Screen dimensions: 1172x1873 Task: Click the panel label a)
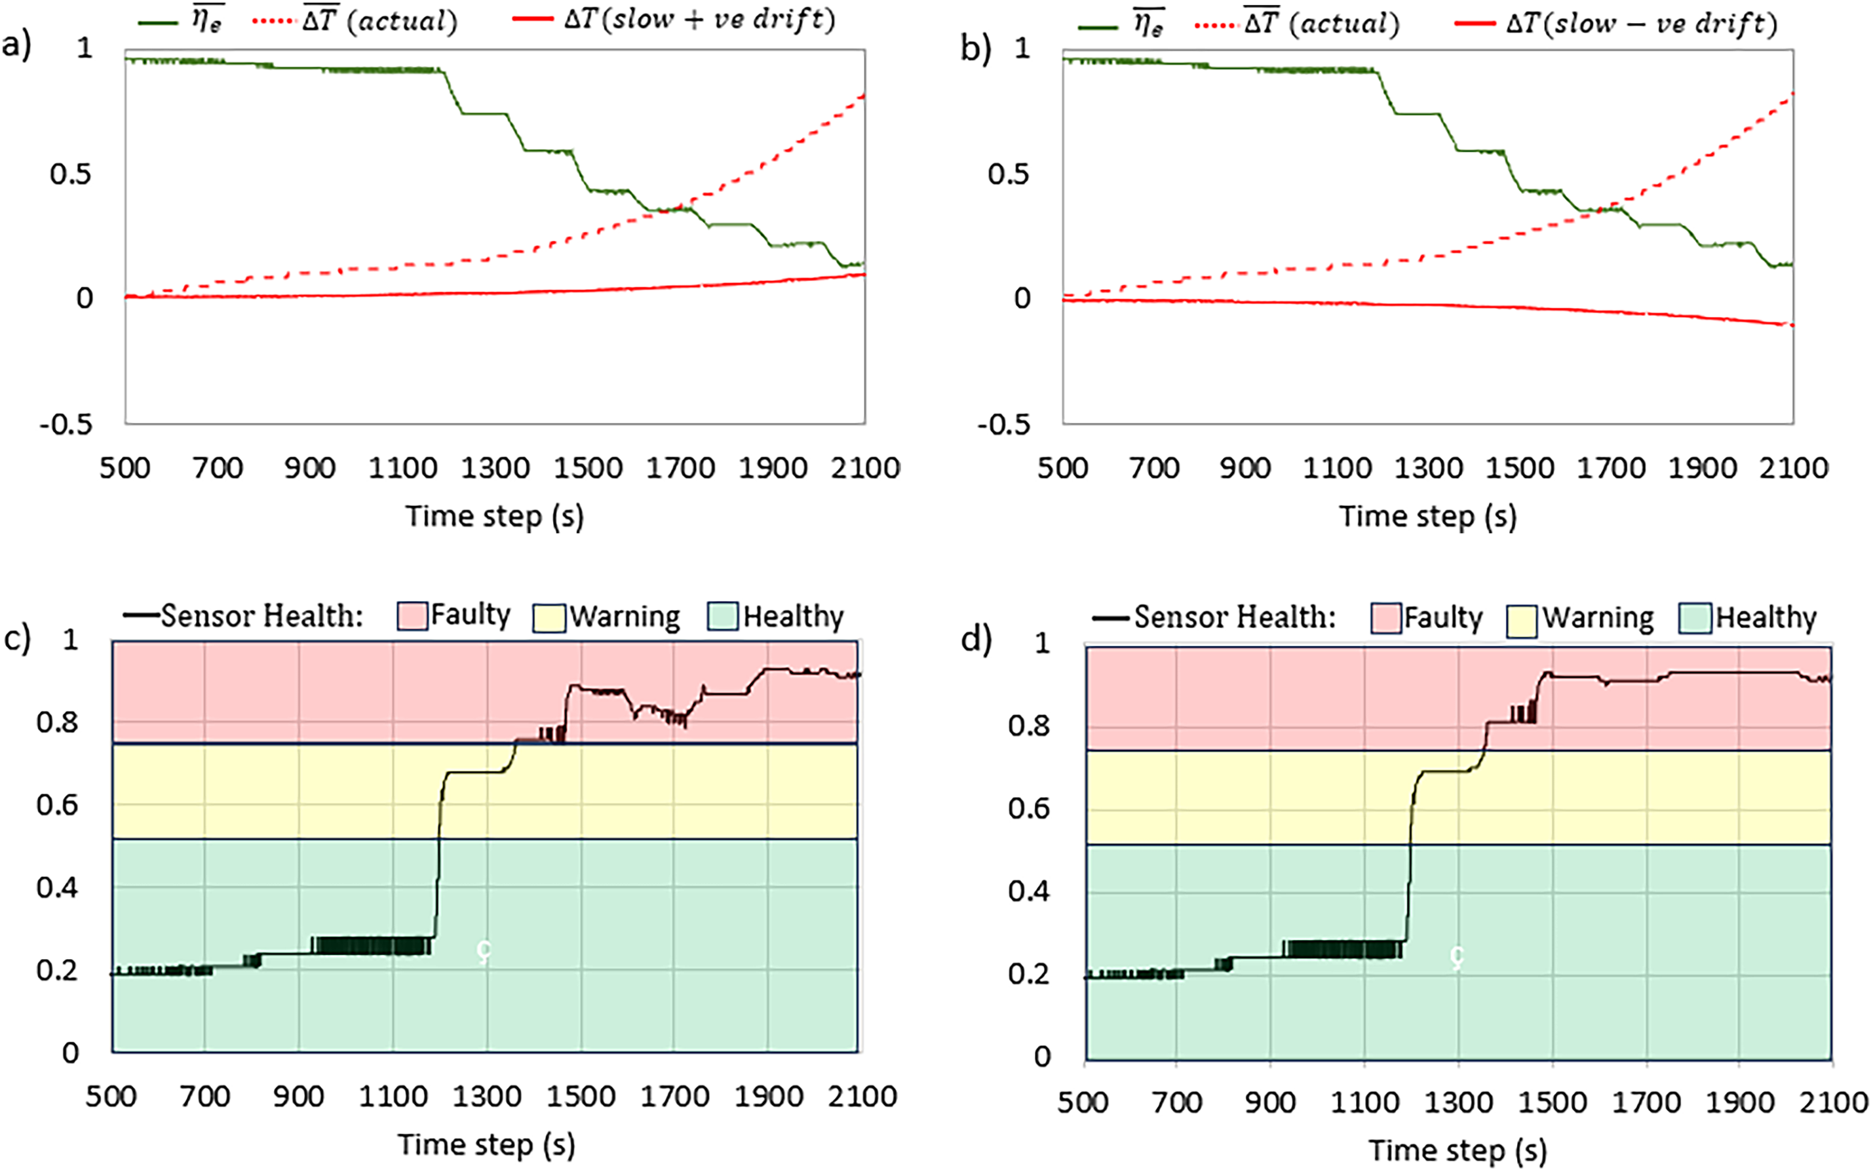click(16, 47)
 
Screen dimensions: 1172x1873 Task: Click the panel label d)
click(976, 640)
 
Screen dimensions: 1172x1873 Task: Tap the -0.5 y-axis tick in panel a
click(66, 424)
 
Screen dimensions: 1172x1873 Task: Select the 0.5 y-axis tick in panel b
click(1008, 174)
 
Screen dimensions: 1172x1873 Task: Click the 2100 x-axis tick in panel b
click(1793, 468)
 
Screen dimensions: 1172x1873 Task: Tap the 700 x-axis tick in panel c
click(205, 1097)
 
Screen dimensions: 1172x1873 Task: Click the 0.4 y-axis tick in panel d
click(1028, 891)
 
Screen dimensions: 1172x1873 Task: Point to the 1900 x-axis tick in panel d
click(1739, 1103)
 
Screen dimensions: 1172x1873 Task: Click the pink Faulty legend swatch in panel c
click(412, 616)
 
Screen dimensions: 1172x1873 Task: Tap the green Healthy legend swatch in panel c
click(722, 616)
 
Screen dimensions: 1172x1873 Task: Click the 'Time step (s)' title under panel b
click(1427, 517)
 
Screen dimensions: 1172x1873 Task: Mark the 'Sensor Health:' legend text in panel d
click(1235, 617)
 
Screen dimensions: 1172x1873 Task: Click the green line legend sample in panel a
click(158, 22)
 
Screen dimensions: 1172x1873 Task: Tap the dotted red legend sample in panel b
click(1215, 26)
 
